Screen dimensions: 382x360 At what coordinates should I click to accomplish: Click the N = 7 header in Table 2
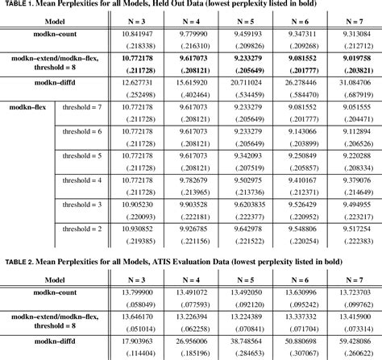pos(351,278)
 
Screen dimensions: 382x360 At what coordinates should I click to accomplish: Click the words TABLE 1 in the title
pos(19,7)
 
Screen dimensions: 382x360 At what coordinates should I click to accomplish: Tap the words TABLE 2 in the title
pos(19,262)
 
